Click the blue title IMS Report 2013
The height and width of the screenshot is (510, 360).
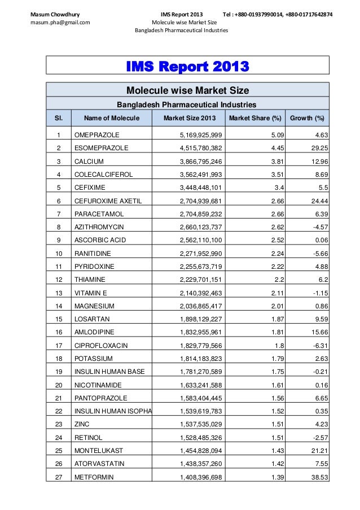[x=187, y=69]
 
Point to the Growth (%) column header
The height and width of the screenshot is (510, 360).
[x=307, y=118]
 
